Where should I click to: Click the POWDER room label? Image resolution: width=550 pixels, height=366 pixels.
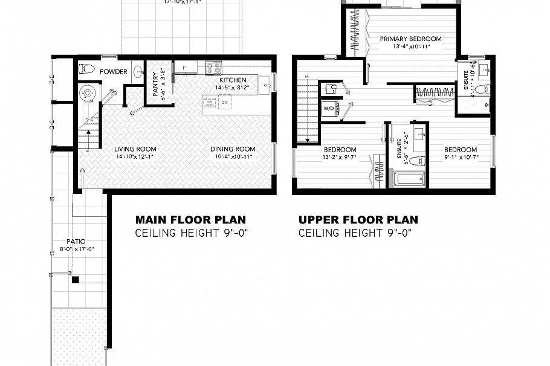click(114, 72)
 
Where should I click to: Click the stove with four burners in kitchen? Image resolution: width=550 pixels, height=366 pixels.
click(214, 68)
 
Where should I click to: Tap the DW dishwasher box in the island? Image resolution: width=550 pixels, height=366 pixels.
click(224, 103)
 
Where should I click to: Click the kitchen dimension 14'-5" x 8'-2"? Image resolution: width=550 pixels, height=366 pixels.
click(232, 88)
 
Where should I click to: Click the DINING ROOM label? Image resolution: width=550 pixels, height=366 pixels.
click(233, 149)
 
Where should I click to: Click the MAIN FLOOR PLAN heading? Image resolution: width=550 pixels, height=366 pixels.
click(190, 220)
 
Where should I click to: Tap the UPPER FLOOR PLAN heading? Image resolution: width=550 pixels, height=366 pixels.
click(358, 220)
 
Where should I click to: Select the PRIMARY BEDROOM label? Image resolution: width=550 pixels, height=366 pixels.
click(410, 39)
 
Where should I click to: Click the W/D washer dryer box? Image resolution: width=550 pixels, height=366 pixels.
click(329, 109)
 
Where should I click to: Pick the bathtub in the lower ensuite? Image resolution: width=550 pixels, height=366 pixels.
click(409, 179)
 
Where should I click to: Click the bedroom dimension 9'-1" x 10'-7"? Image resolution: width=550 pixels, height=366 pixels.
click(461, 158)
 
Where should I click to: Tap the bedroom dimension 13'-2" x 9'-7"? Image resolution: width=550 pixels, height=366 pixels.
click(340, 158)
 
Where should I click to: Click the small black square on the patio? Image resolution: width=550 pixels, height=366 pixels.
click(75, 280)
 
